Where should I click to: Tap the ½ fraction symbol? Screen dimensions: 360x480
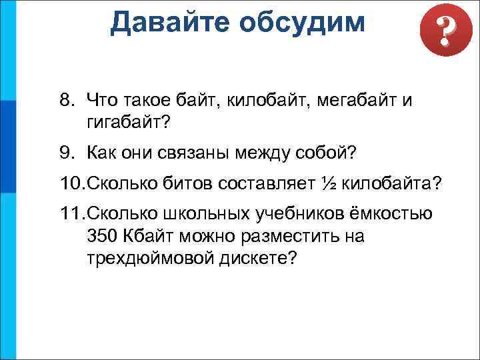[x=328, y=183]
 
